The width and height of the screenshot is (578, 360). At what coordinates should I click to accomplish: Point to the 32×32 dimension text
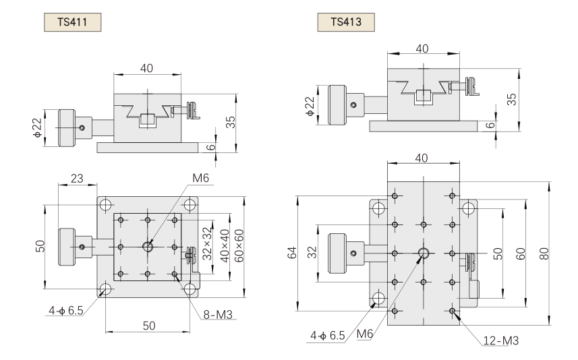click(207, 243)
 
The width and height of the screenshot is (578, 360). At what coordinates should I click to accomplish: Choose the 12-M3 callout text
click(500, 341)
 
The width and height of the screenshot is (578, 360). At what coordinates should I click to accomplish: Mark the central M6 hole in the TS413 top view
click(424, 253)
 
